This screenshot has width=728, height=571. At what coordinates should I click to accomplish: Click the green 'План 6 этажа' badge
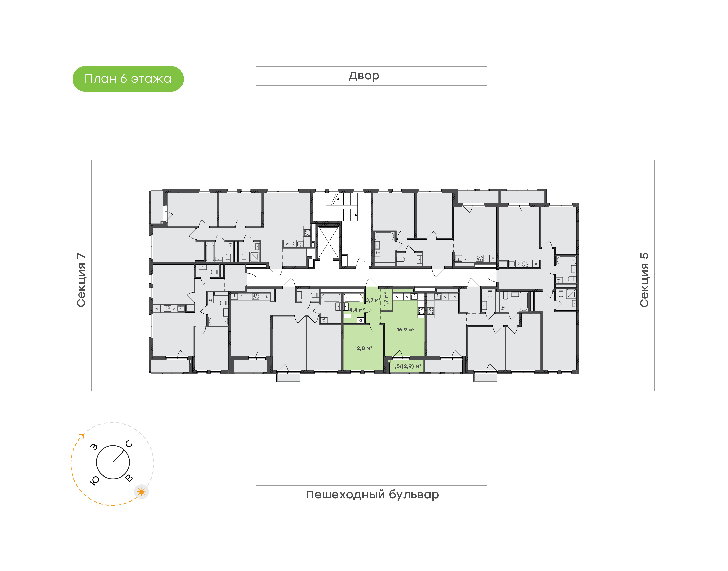[128, 79]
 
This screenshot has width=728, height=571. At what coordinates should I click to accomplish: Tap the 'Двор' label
[364, 76]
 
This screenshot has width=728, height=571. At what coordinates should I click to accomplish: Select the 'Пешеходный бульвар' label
[372, 495]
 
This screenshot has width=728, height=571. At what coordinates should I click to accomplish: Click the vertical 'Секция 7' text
[81, 280]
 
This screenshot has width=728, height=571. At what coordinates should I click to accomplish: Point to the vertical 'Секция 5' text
[644, 280]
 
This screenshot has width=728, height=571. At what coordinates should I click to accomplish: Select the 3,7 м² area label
[373, 300]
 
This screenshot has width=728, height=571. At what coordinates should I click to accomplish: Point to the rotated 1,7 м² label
[386, 299]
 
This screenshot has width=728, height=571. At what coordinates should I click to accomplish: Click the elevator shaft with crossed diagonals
[328, 242]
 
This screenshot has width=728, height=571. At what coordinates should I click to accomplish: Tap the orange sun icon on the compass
[142, 492]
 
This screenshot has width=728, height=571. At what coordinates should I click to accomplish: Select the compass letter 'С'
[129, 444]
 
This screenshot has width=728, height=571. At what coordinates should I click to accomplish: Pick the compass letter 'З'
[94, 447]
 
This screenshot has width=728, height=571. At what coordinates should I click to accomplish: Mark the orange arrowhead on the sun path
[82, 436]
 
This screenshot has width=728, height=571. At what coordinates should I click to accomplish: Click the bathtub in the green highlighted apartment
[353, 298]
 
